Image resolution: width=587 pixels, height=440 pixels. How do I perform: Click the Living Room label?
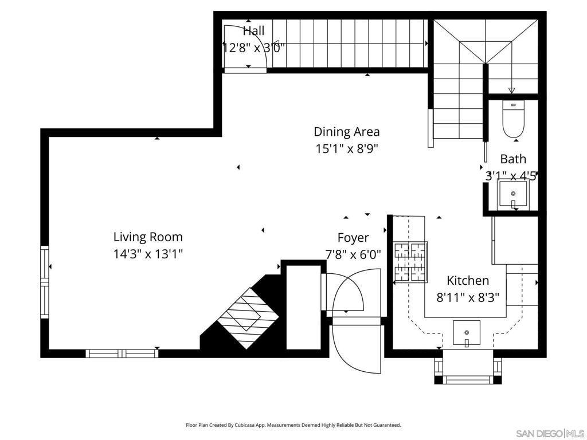(x=148, y=237)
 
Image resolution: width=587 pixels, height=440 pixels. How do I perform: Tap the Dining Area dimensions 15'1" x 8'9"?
(x=347, y=149)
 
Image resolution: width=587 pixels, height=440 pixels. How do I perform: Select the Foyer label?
(x=353, y=238)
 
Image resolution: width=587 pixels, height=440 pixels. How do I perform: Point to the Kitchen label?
(x=468, y=281)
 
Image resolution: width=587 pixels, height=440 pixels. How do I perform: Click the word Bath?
(x=513, y=159)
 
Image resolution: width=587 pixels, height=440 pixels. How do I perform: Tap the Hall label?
(x=253, y=31)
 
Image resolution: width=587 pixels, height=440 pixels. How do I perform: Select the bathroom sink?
(x=513, y=194)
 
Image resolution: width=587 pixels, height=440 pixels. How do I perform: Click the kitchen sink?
(x=467, y=333)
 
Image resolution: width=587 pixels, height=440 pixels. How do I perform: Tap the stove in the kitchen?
(x=410, y=262)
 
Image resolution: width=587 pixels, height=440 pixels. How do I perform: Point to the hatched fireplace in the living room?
(x=248, y=318)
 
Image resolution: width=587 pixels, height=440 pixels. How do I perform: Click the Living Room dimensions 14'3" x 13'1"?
(x=148, y=254)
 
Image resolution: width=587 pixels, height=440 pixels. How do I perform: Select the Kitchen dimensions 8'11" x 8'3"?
(x=468, y=298)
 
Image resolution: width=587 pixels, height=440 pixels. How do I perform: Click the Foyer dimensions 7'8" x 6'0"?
(x=353, y=255)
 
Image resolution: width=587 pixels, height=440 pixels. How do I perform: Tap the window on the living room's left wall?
(x=45, y=282)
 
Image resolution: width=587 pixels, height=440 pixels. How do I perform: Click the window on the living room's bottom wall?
(x=122, y=353)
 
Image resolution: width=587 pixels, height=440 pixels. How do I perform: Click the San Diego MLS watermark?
(x=550, y=434)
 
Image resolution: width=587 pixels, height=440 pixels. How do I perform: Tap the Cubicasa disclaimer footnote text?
(x=293, y=425)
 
